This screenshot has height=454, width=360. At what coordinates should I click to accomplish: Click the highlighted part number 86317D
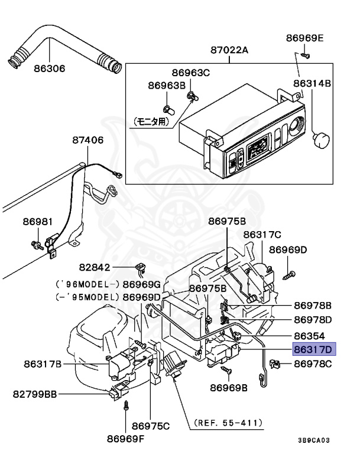click(x=314, y=349)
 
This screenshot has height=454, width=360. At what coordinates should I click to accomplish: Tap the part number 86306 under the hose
click(x=50, y=69)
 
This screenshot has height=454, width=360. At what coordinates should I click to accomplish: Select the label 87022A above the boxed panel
click(x=229, y=50)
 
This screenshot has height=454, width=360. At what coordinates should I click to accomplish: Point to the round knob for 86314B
click(x=322, y=140)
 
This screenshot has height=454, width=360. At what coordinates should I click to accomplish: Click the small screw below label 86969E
click(x=305, y=55)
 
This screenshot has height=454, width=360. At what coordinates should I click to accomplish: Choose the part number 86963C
click(x=190, y=72)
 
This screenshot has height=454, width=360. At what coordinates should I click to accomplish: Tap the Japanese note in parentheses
click(x=151, y=122)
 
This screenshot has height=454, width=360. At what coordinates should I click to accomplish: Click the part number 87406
click(x=87, y=140)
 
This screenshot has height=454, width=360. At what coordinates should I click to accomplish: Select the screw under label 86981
click(x=37, y=245)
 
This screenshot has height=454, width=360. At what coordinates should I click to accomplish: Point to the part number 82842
click(x=95, y=267)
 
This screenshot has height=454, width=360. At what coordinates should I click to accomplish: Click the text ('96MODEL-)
click(x=87, y=284)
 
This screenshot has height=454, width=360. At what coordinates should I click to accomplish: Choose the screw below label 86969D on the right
click(x=289, y=275)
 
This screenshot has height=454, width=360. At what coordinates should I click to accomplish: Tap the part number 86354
click(x=309, y=336)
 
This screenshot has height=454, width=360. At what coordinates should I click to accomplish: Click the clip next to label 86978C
click(x=275, y=364)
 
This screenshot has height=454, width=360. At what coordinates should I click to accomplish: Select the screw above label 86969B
click(x=226, y=369)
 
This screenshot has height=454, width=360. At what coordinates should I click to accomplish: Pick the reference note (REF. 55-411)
click(x=229, y=423)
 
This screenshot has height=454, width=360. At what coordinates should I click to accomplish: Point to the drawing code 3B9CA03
click(x=314, y=440)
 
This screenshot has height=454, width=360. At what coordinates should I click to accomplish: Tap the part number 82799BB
click(x=35, y=394)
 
